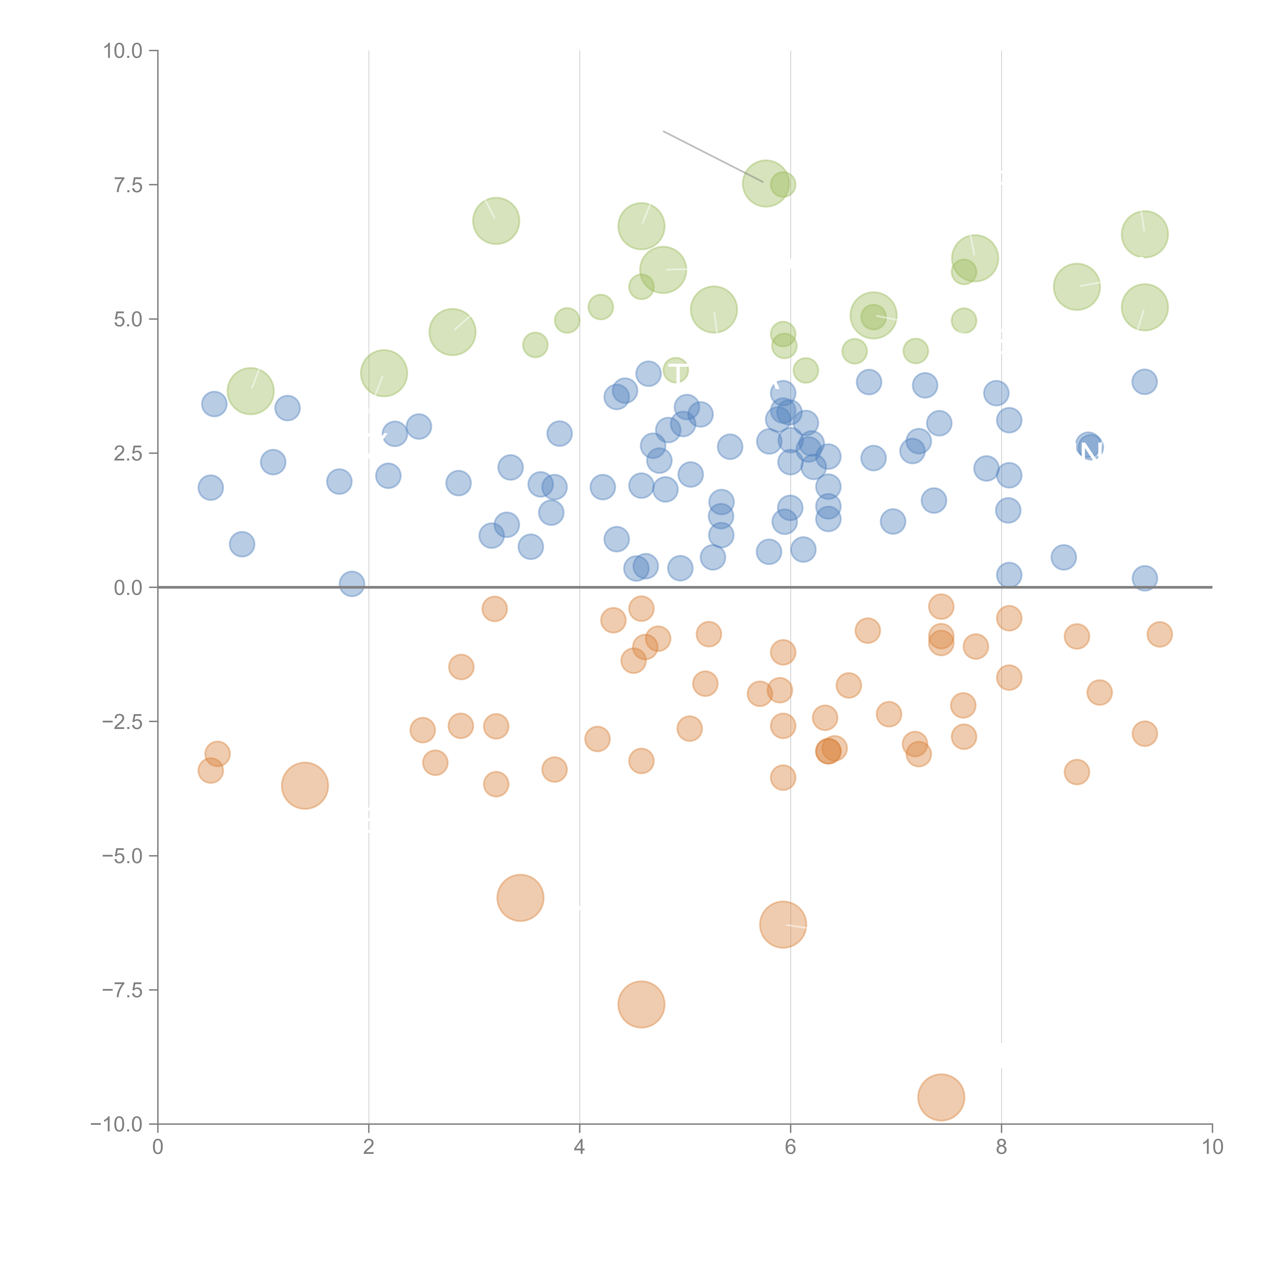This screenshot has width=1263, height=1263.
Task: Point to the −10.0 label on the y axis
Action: coord(116,1124)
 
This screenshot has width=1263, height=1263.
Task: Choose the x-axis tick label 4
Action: coord(579,1147)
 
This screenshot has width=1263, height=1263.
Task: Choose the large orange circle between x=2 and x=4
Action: coord(520,897)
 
